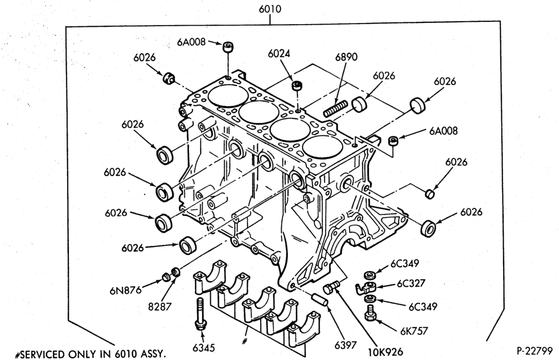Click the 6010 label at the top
click(270, 8)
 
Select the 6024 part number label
click(279, 54)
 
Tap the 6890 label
click(346, 57)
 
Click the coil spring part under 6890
click(335, 108)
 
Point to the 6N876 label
click(125, 290)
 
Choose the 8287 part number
click(160, 306)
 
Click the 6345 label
click(203, 348)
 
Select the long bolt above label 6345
click(200, 314)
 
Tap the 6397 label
click(345, 345)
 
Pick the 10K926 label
click(385, 352)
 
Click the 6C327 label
click(411, 283)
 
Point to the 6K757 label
click(414, 331)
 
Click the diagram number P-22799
click(534, 350)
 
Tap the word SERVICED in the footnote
click(42, 354)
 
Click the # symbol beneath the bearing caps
click(245, 341)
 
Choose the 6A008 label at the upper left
click(191, 42)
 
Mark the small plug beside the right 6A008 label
click(393, 140)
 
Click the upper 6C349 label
click(405, 263)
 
